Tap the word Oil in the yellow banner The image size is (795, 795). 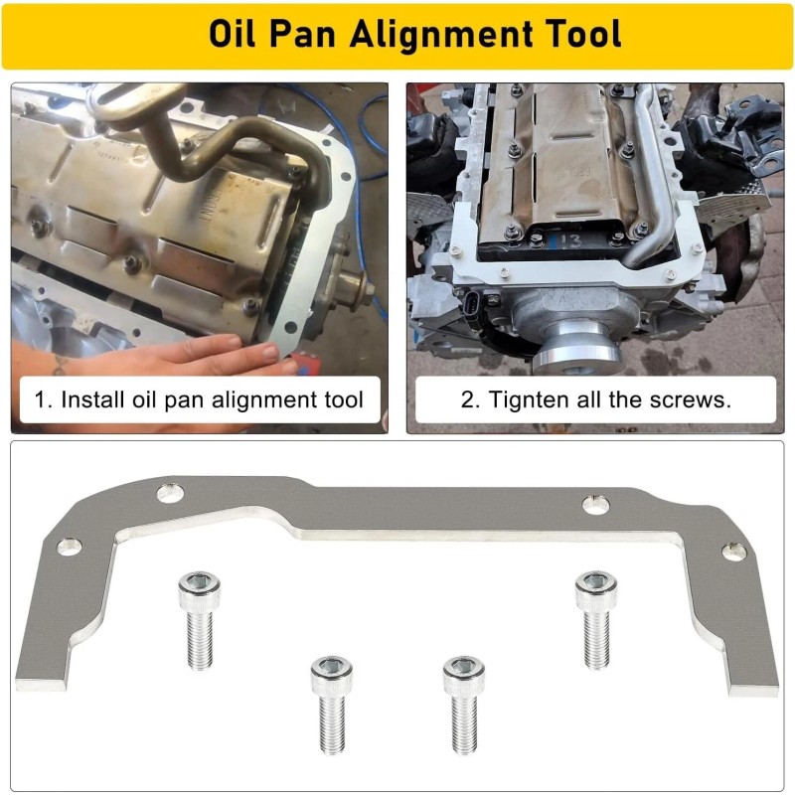point(234,35)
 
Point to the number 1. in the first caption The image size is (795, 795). point(43,401)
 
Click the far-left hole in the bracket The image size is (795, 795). point(70,546)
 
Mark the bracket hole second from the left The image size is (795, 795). point(169,491)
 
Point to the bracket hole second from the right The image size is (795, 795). point(595,506)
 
